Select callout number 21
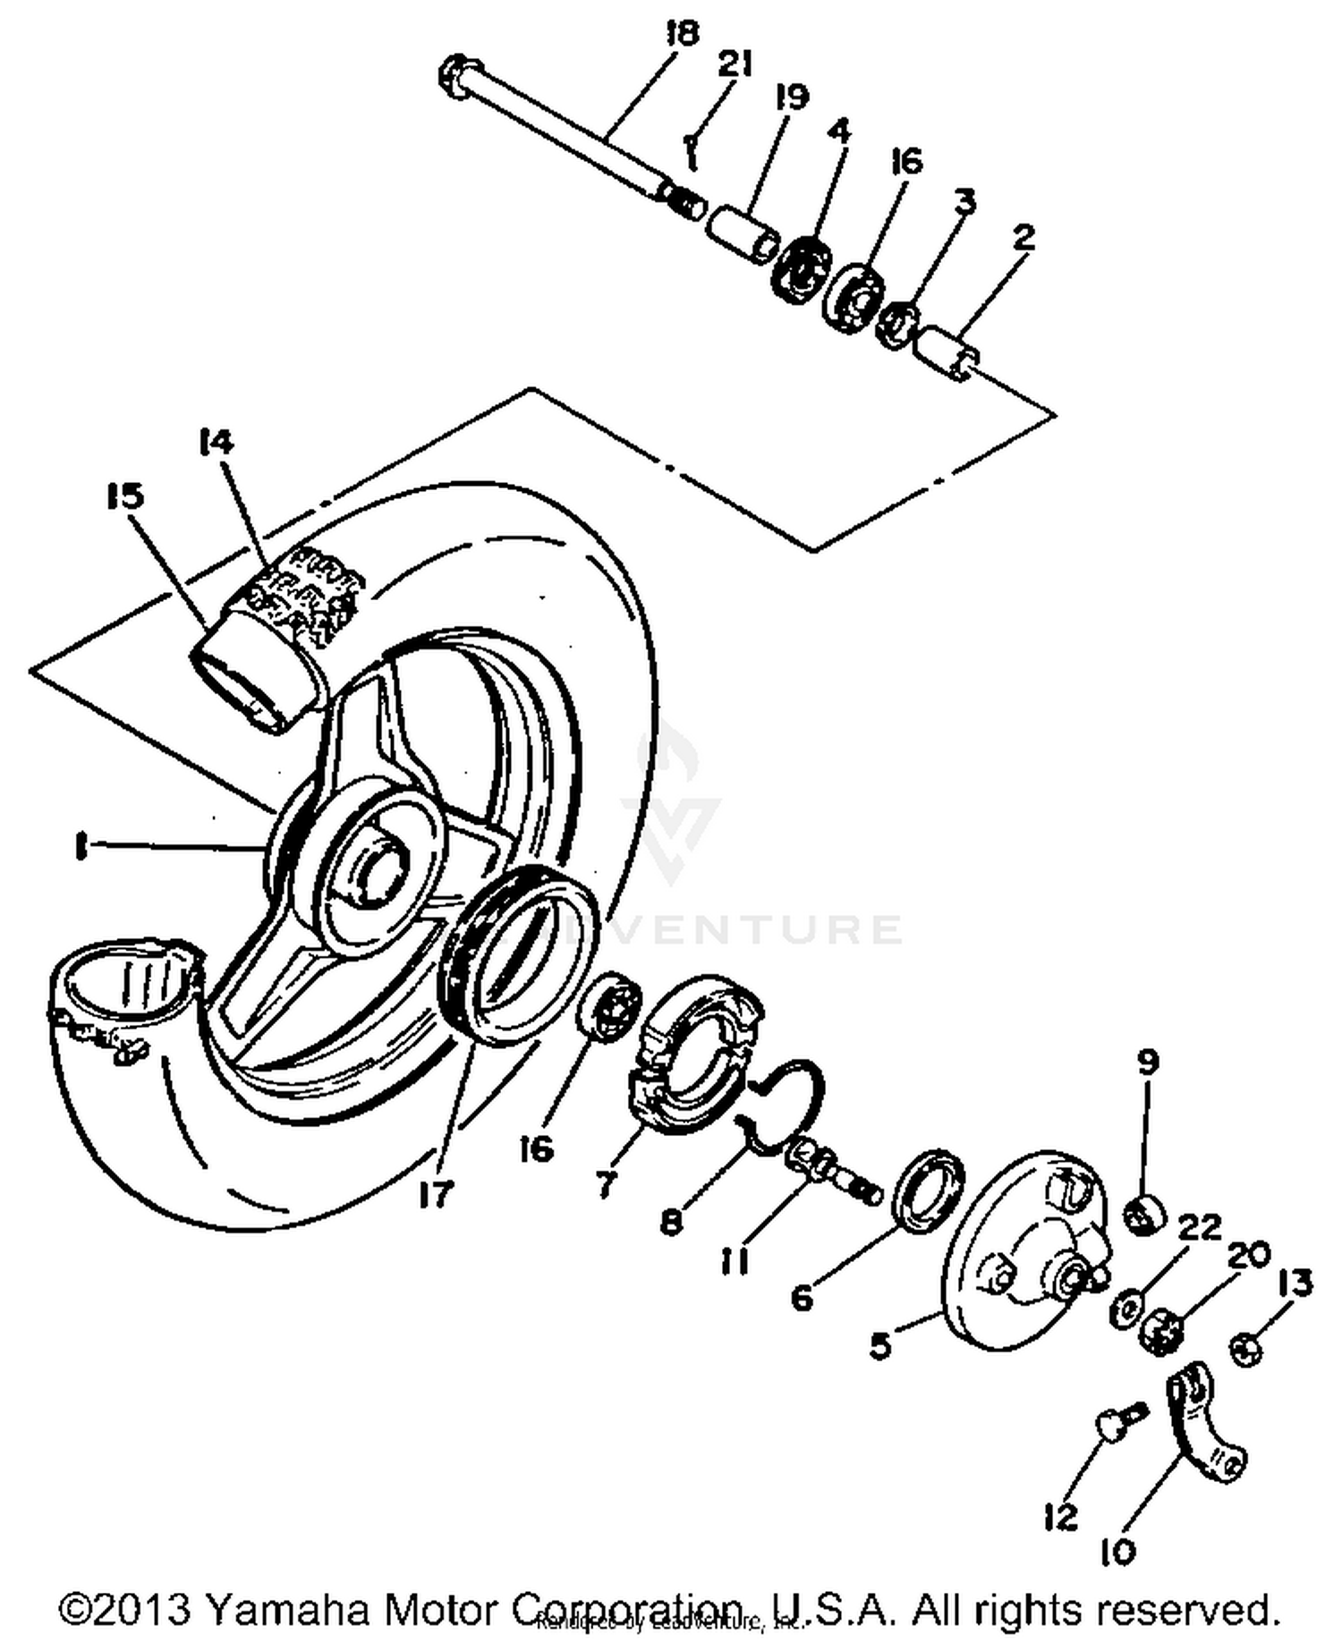point(735,65)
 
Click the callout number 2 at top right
point(1023,237)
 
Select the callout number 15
point(124,495)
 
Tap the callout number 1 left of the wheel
point(81,845)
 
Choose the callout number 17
point(436,1194)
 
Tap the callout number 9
point(1148,1063)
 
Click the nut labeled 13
point(1246,1349)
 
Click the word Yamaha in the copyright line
point(286,1610)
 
